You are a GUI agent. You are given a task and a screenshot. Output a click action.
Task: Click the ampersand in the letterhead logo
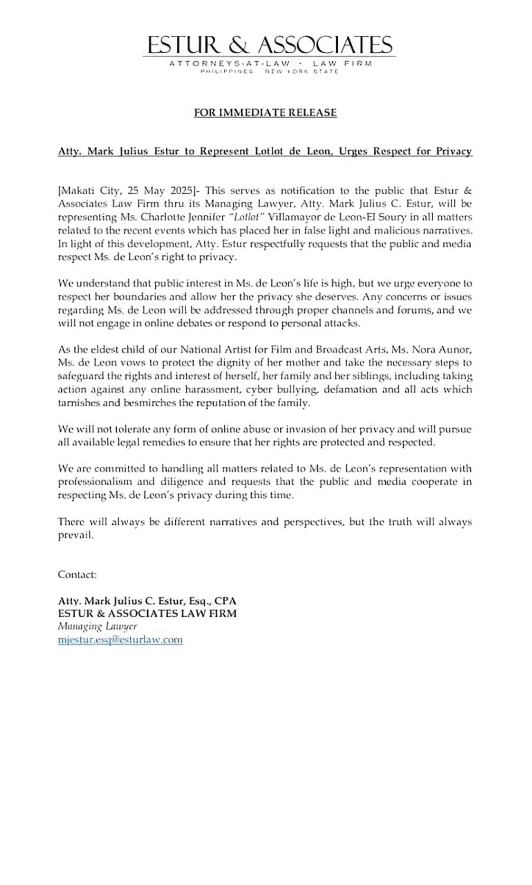pos(238,46)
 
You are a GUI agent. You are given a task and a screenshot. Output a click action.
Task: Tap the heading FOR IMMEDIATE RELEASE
pos(265,113)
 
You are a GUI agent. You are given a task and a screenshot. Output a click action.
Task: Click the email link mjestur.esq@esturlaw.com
pos(120,640)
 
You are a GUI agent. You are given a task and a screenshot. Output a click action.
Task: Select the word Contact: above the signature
pos(77,575)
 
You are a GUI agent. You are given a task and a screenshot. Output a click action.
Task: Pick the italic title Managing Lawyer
pos(97,626)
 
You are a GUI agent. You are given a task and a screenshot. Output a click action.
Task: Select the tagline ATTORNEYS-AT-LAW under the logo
pos(229,63)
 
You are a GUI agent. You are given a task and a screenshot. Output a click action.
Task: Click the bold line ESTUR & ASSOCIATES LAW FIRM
pos(147,614)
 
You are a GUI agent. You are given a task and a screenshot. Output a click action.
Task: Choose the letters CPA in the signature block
pos(225,601)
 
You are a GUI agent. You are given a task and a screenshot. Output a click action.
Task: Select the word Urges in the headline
pos(353,152)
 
